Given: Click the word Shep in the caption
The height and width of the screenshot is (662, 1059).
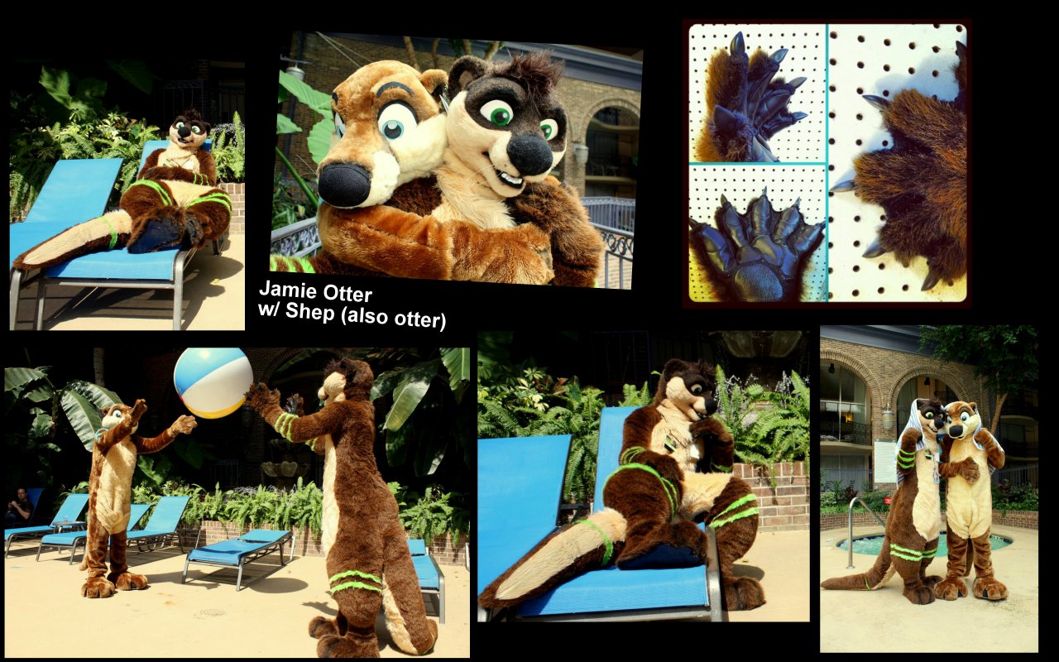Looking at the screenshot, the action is click(x=310, y=312).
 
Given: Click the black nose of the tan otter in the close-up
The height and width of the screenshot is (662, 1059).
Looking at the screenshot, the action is click(x=344, y=184).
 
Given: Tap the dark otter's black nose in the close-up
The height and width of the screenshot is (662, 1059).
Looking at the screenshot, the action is click(x=529, y=155).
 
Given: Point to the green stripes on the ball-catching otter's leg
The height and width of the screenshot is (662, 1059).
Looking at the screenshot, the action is click(x=356, y=581).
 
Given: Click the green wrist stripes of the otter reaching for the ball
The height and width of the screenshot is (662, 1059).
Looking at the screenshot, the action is click(x=285, y=425).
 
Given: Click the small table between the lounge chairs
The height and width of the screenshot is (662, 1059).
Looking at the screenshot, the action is click(x=69, y=528).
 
